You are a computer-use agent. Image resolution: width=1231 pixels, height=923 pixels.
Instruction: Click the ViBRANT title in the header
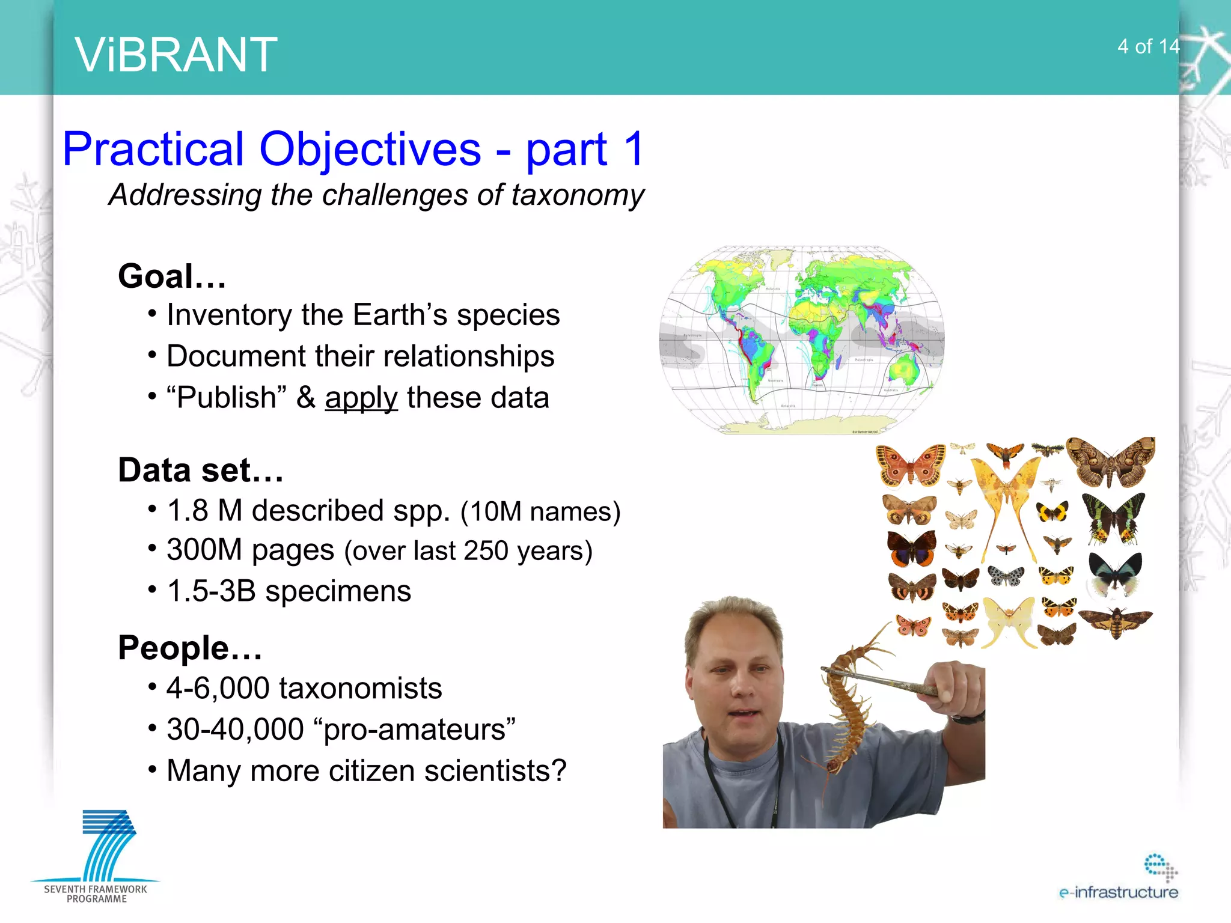tap(176, 55)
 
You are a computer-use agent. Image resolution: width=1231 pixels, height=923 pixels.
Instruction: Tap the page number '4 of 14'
tap(1147, 47)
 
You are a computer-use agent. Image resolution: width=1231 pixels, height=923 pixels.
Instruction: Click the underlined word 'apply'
tap(361, 398)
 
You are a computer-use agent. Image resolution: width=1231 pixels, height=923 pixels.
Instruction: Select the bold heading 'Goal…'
tap(172, 276)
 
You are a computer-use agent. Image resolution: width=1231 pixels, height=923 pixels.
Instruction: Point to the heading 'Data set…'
tap(200, 470)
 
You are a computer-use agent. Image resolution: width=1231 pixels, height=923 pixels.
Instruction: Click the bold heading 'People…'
tap(190, 648)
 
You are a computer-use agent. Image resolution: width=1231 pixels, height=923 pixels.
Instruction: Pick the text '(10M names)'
tap(540, 512)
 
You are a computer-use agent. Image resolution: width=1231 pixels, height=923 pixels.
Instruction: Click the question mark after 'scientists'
tap(559, 770)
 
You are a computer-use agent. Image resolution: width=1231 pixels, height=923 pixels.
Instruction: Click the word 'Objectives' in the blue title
tap(370, 149)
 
